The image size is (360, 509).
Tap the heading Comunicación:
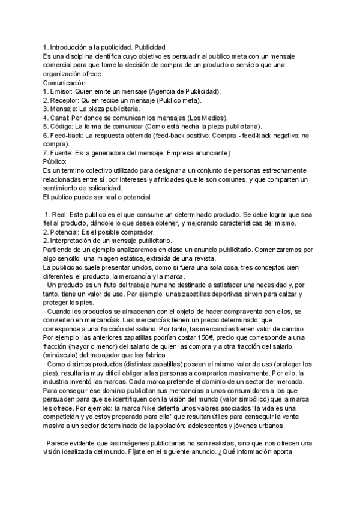(x=65, y=83)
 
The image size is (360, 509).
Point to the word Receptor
(x=65, y=100)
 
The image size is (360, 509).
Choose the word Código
(x=62, y=127)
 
